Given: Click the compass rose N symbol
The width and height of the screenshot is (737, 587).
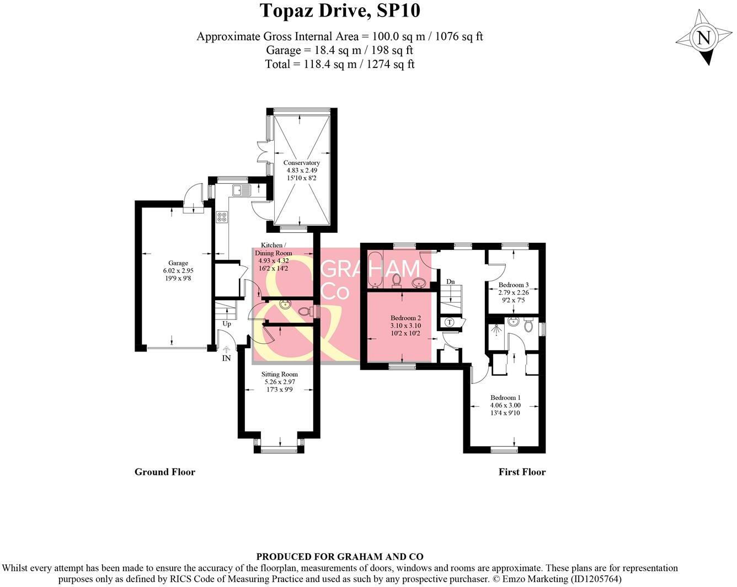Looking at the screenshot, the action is pyautogui.click(x=704, y=38).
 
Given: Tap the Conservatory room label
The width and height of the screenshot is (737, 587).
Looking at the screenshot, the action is pyautogui.click(x=302, y=163).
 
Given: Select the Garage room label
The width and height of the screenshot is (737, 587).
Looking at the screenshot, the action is pyautogui.click(x=178, y=263).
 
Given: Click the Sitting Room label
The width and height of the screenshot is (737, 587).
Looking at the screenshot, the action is pyautogui.click(x=280, y=375).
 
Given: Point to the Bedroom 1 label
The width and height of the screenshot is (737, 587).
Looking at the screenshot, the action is pyautogui.click(x=505, y=398).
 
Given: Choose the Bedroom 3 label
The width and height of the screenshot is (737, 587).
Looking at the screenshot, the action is pyautogui.click(x=514, y=285).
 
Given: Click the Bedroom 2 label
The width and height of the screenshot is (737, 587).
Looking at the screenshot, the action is pyautogui.click(x=406, y=318).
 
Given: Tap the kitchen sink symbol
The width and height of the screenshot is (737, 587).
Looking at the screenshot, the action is pyautogui.click(x=242, y=190).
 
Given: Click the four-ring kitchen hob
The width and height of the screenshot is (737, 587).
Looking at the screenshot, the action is pyautogui.click(x=222, y=217).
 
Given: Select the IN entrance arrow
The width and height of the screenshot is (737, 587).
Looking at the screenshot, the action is pyautogui.click(x=226, y=350).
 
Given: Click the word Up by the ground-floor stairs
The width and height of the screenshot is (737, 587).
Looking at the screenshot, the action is pyautogui.click(x=227, y=324).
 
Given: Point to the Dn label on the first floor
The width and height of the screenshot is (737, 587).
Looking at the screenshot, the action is pyautogui.click(x=451, y=281).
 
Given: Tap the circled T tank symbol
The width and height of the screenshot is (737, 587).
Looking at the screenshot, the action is pyautogui.click(x=450, y=322).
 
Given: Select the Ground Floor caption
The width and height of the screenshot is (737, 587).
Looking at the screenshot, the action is pyautogui.click(x=165, y=472).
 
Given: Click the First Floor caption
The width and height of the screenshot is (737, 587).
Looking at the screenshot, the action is pyautogui.click(x=522, y=472).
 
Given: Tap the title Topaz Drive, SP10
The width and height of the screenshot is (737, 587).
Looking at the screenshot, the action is pyautogui.click(x=340, y=11).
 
